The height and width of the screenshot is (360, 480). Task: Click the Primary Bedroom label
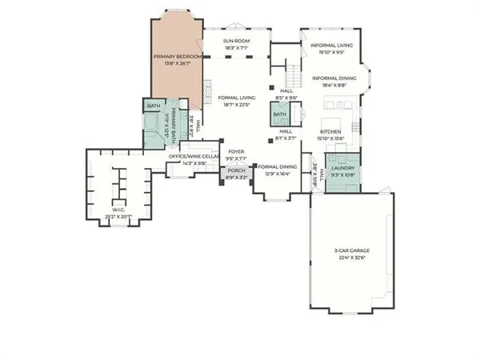coord(175,57)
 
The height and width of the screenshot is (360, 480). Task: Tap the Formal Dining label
coord(278,166)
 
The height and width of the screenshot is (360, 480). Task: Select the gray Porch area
coord(236,174)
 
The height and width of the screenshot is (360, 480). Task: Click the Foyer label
coord(236,150)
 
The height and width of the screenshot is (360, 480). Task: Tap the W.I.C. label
coord(117,210)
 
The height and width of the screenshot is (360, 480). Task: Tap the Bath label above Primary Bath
coord(153,106)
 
